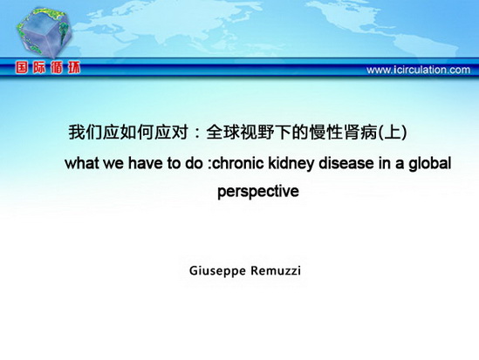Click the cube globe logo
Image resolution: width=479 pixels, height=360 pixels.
[x=44, y=32]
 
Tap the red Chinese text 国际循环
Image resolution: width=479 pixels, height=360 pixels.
[x=48, y=67]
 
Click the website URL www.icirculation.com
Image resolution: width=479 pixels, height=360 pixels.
[x=418, y=70]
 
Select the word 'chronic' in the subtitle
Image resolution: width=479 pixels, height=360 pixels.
[x=237, y=163]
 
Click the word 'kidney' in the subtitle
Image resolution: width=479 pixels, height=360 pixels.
[x=291, y=164]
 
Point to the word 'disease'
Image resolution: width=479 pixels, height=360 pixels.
[x=346, y=163]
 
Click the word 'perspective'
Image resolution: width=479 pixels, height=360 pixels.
[x=258, y=192]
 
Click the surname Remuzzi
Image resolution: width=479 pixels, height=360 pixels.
[x=276, y=270]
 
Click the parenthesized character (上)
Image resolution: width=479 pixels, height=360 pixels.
[x=393, y=132]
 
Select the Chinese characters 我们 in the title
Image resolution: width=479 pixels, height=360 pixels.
[x=86, y=132]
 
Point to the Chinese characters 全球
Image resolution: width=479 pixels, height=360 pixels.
[x=223, y=132]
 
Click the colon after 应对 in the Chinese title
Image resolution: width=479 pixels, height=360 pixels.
[x=197, y=133]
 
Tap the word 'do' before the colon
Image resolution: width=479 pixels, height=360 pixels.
[x=194, y=163]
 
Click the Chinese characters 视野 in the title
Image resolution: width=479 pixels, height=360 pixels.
[x=257, y=132]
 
